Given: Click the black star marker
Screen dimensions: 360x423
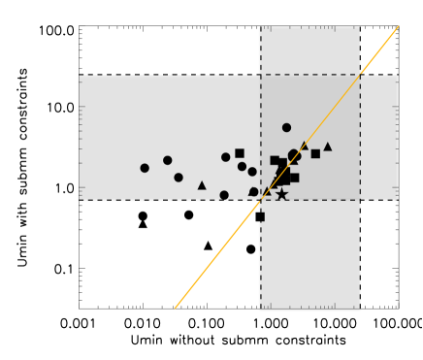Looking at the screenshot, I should [x=281, y=194].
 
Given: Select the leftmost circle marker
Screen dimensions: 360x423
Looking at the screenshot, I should [x=145, y=168].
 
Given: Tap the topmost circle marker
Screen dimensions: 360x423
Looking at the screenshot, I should [x=286, y=127].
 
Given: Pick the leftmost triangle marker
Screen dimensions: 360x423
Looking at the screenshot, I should [x=202, y=185].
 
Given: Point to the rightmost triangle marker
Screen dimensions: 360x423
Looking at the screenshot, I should [x=327, y=147].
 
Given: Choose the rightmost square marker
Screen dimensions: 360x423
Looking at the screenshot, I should [x=315, y=153].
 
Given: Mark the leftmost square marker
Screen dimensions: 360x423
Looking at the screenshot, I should [x=240, y=153].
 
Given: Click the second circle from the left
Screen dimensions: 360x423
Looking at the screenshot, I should [x=167, y=160].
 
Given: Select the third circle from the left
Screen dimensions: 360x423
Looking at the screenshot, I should [x=179, y=178].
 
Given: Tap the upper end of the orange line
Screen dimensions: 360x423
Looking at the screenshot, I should [x=399, y=26].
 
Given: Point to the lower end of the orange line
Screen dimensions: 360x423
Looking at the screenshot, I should [x=175, y=309].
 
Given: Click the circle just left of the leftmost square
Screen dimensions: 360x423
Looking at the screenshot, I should [x=225, y=157].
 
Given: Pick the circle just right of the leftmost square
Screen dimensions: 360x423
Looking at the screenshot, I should [x=243, y=166].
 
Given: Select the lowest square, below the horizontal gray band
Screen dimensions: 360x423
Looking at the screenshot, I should [x=259, y=216].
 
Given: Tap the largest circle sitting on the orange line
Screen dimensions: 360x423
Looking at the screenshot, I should [x=294, y=155].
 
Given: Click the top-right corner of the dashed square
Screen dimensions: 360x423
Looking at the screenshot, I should [x=360, y=75].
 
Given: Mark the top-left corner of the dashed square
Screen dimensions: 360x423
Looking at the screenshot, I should [x=261, y=75].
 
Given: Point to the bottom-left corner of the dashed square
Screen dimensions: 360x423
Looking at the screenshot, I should [x=261, y=200].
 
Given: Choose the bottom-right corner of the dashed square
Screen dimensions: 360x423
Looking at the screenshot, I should [x=360, y=200].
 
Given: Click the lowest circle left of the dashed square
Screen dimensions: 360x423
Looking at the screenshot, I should [x=224, y=195].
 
